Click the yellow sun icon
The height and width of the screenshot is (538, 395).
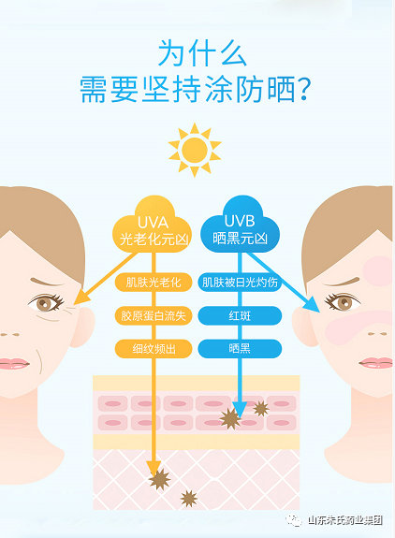[195, 150]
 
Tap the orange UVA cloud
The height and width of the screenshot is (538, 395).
[153, 226]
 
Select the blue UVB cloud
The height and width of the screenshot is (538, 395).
[240, 225]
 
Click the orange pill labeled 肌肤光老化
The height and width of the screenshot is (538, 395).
[154, 283]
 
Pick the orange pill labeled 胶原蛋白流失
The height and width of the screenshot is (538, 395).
[154, 315]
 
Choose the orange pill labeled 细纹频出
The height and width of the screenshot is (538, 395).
[154, 349]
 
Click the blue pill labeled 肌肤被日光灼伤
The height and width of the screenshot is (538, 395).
[240, 283]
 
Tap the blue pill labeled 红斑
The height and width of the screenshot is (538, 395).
[240, 315]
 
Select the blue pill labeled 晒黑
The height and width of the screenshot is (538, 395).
[240, 349]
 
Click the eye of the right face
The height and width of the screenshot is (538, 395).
[343, 302]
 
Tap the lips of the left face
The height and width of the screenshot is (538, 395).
[14, 363]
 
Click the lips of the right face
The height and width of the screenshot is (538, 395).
[376, 363]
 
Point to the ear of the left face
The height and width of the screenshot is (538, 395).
[82, 326]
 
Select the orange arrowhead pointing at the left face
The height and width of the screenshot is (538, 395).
[81, 298]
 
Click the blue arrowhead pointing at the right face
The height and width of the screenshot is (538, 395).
[312, 305]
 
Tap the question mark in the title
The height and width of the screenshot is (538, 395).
[303, 89]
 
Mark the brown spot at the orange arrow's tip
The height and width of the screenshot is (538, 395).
[159, 479]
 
